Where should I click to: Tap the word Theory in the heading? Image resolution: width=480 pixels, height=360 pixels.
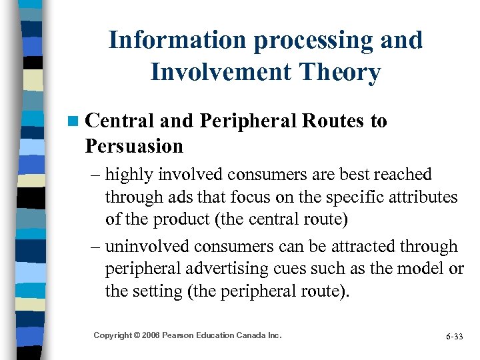click(341, 72)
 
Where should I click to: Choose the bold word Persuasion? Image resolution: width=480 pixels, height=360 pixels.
click(134, 145)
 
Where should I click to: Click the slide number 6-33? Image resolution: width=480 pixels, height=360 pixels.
click(454, 336)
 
